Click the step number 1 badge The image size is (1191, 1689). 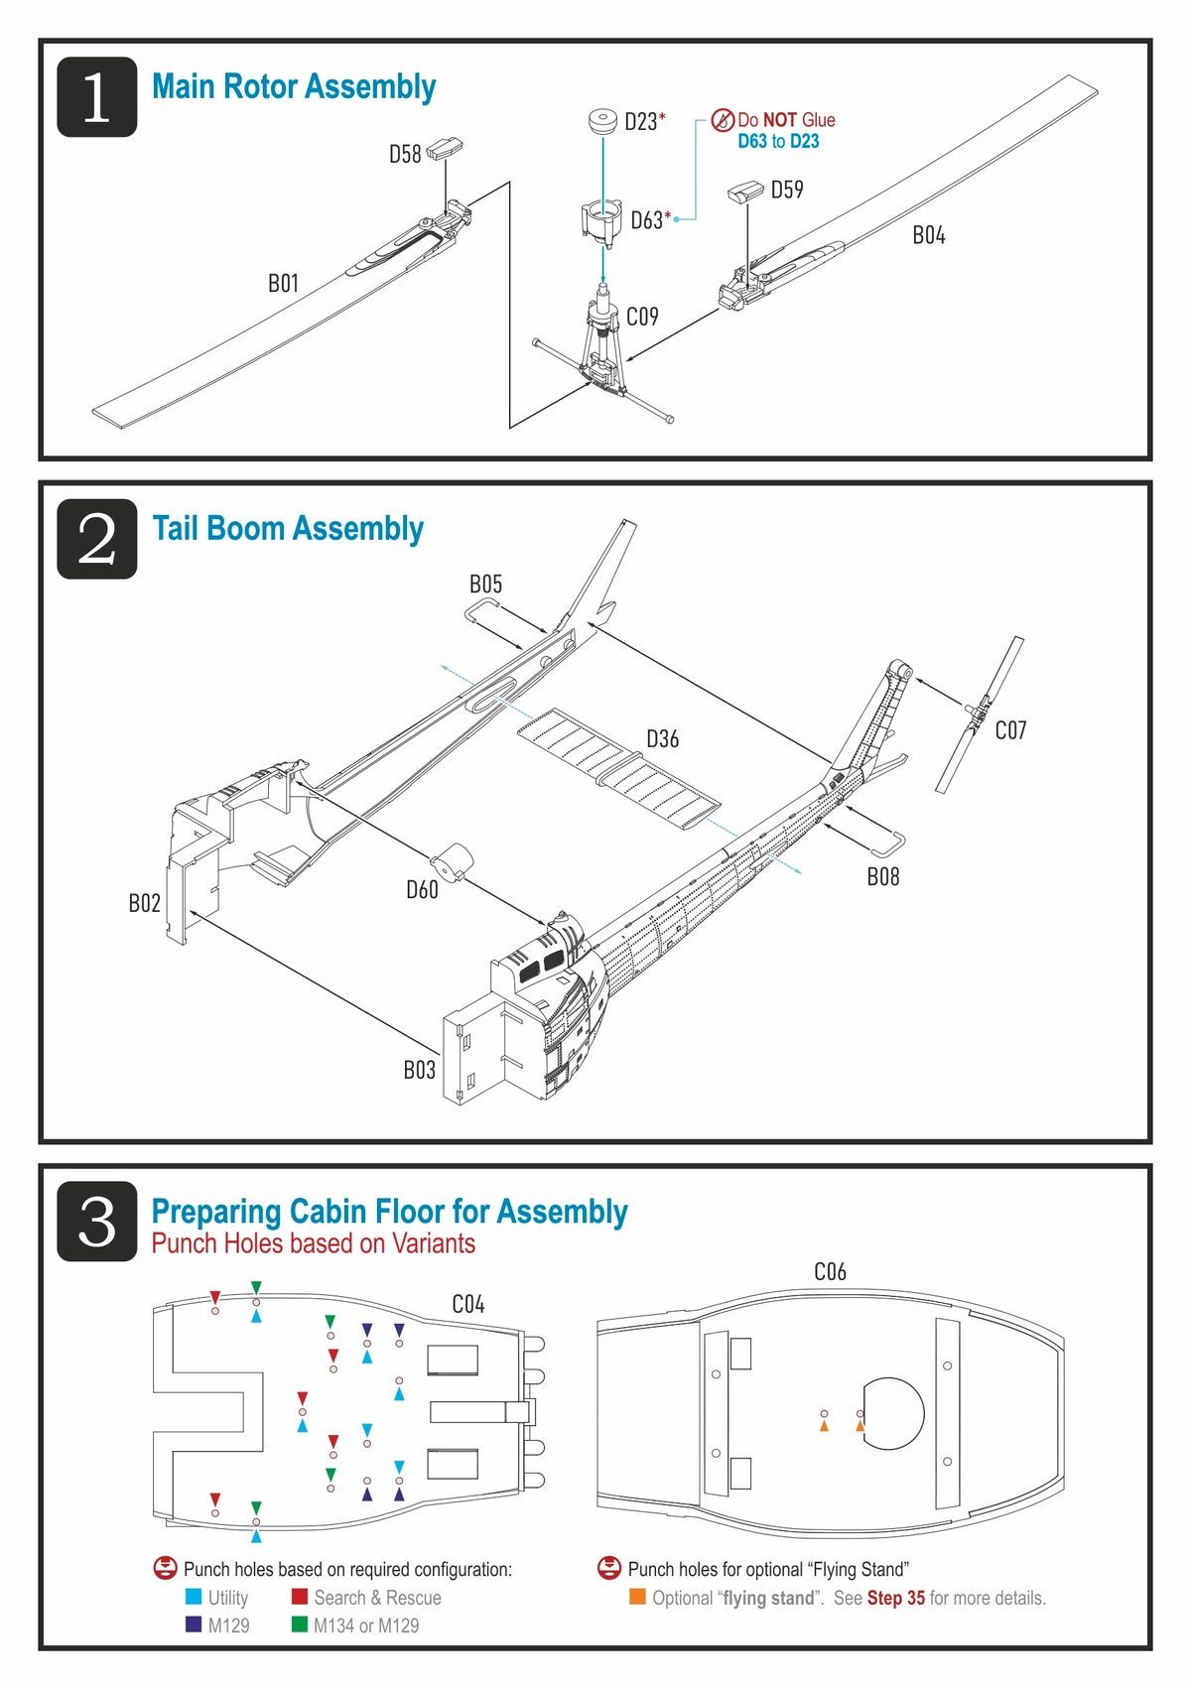point(96,97)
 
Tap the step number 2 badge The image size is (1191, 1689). point(96,539)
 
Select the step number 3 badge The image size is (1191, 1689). point(96,1222)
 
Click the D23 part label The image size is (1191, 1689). point(641,122)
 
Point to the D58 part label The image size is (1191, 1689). point(405,154)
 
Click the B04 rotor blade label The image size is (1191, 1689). point(929,235)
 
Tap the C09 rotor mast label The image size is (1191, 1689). point(642,317)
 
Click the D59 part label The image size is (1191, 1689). point(787,190)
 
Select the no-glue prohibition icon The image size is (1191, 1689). point(724,120)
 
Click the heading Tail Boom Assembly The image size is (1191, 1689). point(288,528)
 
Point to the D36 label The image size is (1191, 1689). point(663,739)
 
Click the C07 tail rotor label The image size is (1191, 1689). point(1010,730)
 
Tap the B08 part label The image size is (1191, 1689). point(883,876)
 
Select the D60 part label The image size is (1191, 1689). point(422,890)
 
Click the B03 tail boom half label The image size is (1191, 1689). point(419,1070)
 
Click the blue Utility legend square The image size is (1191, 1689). point(194,1597)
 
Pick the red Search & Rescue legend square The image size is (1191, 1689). point(300,1597)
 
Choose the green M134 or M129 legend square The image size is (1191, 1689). point(300,1624)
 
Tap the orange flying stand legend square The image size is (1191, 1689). point(638,1597)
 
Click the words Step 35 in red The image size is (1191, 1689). point(895,1598)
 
